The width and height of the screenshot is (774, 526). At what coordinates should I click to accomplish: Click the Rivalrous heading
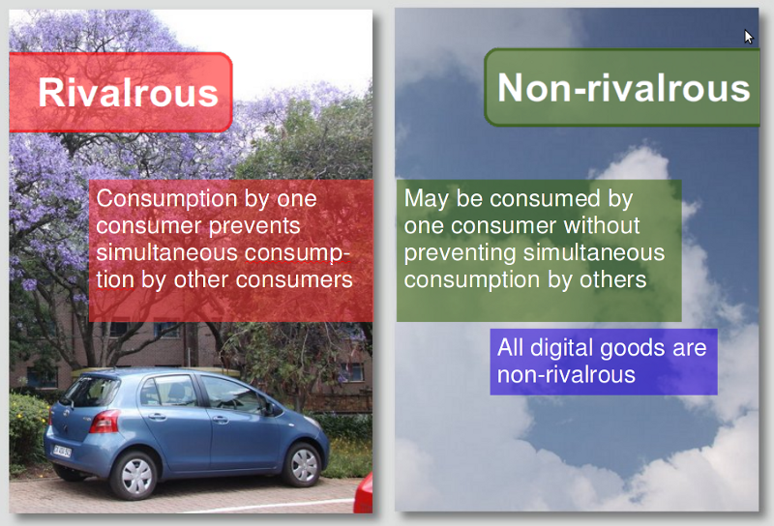click(x=129, y=93)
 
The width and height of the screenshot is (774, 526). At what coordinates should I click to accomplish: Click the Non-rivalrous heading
click(x=624, y=88)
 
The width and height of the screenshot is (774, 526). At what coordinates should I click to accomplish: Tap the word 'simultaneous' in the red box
click(x=167, y=252)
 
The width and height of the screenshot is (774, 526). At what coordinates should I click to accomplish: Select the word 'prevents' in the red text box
click(x=254, y=226)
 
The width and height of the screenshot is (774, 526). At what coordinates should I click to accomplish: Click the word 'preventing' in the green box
click(x=461, y=253)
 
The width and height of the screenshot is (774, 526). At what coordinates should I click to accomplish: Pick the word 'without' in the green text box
click(x=602, y=225)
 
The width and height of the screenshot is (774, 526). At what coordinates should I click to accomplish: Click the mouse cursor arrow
click(x=748, y=37)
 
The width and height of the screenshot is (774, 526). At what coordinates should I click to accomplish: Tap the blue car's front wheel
click(x=302, y=464)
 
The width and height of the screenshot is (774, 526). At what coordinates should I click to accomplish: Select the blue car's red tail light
click(x=104, y=422)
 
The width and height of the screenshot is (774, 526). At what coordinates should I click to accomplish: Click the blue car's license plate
click(x=62, y=451)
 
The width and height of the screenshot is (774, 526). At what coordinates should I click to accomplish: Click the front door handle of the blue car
click(x=221, y=420)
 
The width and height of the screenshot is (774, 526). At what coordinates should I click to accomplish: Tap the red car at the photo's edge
click(x=364, y=493)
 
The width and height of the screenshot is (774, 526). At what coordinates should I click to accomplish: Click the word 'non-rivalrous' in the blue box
click(x=566, y=374)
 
